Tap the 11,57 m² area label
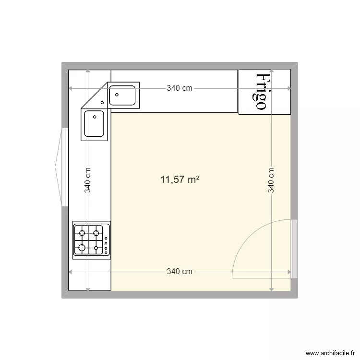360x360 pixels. (180, 180)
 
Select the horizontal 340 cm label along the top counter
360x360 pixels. (180, 88)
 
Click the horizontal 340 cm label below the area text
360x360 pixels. (180, 272)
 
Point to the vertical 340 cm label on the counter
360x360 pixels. (88, 180)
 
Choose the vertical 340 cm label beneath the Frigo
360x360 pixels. (271, 180)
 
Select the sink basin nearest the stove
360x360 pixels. (94, 124)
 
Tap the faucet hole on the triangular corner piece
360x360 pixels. (102, 102)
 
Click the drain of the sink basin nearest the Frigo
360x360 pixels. (117, 95)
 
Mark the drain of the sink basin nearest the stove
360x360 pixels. (95, 116)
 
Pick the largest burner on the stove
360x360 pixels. (82, 248)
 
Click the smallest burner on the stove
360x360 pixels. (96, 248)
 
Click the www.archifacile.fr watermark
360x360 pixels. (332, 353)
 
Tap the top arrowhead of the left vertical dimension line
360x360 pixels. (88, 72)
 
